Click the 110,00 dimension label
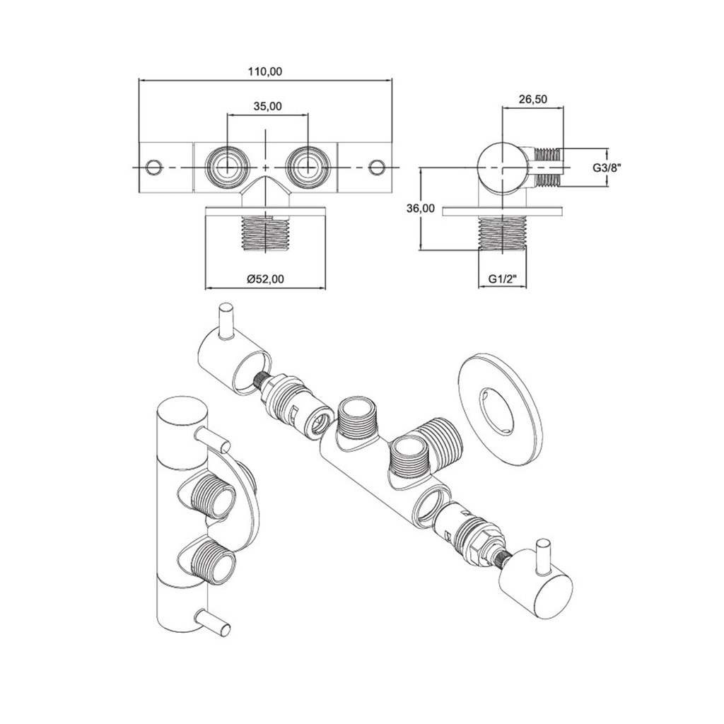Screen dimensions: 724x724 (265, 71)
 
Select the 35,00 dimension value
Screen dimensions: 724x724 (268, 107)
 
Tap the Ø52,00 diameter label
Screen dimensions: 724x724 (266, 279)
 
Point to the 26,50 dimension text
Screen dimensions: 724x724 (532, 99)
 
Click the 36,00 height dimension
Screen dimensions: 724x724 (421, 209)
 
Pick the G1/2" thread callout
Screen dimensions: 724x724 (503, 279)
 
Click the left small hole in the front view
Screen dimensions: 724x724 (153, 167)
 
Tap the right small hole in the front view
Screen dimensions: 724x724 (377, 167)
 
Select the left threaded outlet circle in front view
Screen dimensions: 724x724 (227, 167)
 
